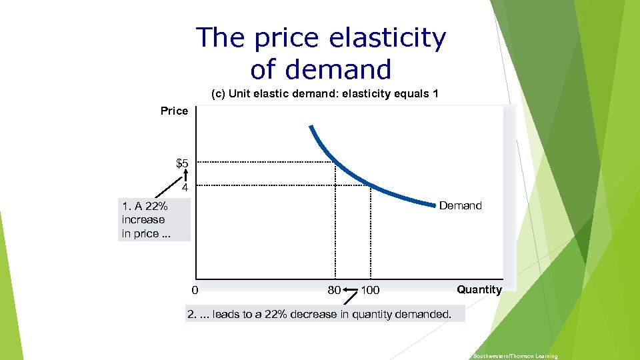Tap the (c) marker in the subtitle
click(218, 94)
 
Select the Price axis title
click(175, 111)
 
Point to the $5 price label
click(182, 163)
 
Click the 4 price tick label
click(185, 188)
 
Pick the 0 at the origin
click(194, 290)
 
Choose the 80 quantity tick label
click(334, 290)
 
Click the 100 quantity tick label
click(370, 290)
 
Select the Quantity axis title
click(479, 289)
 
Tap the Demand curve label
click(460, 205)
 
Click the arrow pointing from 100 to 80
click(351, 290)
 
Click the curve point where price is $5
click(335, 162)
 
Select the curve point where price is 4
click(371, 185)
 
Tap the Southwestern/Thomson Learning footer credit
click(515, 357)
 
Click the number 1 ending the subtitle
click(435, 94)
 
